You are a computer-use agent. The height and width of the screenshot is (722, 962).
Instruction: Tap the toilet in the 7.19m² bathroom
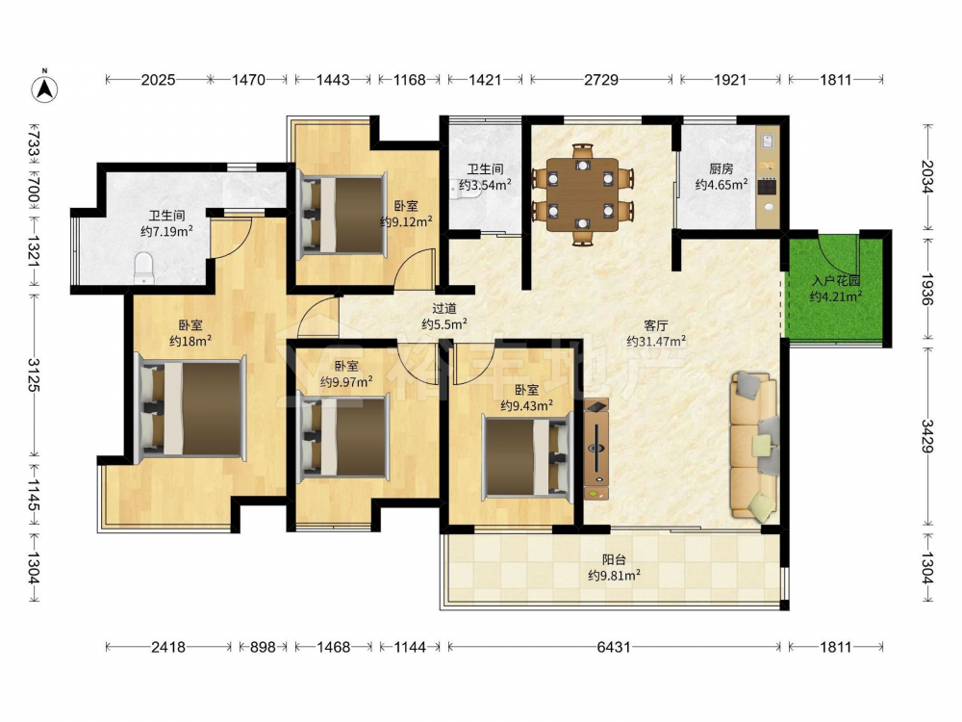tap(143, 268)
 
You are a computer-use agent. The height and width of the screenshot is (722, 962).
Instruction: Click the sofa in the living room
tap(754, 447)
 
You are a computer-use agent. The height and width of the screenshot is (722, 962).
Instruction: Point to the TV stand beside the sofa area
tap(596, 449)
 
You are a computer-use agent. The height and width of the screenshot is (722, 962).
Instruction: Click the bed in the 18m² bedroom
tap(190, 408)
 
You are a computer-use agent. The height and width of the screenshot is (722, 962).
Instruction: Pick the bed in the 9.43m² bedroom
tap(527, 455)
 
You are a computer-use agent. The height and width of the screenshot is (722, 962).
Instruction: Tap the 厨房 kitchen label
tap(721, 168)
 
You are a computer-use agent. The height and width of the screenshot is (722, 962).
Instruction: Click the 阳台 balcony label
tap(614, 559)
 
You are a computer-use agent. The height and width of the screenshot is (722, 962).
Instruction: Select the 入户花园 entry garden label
tap(836, 281)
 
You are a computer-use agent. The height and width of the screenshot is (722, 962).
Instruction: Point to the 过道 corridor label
tap(444, 308)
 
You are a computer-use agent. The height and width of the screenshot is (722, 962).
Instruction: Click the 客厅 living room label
tap(656, 325)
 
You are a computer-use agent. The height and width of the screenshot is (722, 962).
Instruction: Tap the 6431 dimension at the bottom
tap(614, 647)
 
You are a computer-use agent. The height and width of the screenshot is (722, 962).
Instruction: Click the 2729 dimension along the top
tap(601, 79)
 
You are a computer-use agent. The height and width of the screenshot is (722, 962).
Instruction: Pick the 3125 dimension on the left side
tap(33, 375)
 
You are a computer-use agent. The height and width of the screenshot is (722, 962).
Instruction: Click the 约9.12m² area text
tap(406, 221)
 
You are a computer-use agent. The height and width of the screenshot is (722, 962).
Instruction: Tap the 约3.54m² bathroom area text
tap(485, 184)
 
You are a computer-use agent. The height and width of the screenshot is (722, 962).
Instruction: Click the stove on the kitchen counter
tap(768, 186)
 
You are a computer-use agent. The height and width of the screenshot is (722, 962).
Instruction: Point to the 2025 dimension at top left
tap(159, 79)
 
